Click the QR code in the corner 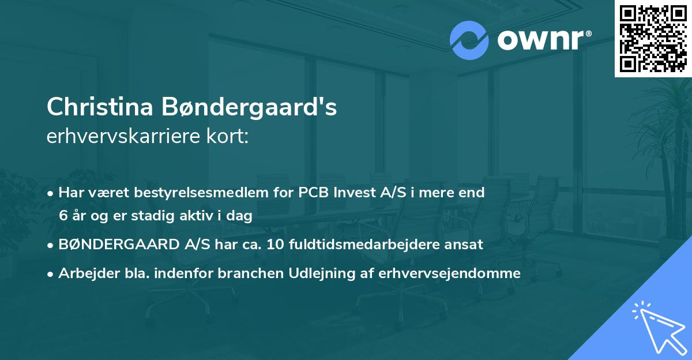pyautogui.click(x=653, y=38)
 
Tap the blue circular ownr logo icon pyautogui.click(x=469, y=40)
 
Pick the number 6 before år pyautogui.click(x=62, y=216)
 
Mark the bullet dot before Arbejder pyautogui.click(x=51, y=273)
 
